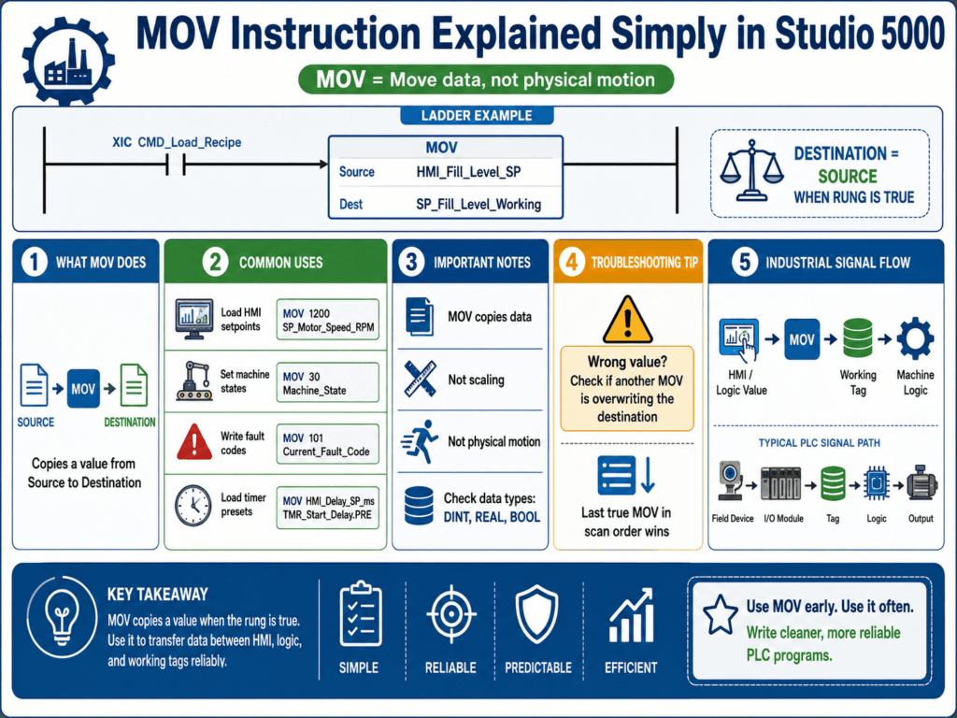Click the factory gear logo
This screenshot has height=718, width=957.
(68, 61)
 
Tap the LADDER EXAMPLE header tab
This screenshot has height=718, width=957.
(477, 115)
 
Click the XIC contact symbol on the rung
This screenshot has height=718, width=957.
(176, 165)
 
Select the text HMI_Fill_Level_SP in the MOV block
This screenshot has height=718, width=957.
(469, 172)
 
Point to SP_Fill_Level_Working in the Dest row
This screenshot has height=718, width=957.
(478, 205)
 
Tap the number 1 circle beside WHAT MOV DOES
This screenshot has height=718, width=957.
(35, 263)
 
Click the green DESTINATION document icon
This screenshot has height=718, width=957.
(134, 384)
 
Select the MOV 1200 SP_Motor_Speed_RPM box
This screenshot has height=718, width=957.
(328, 320)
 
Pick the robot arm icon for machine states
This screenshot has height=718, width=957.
(194, 381)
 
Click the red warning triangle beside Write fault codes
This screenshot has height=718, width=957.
(194, 442)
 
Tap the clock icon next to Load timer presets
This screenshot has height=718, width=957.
(193, 506)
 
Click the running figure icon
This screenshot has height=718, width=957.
(420, 441)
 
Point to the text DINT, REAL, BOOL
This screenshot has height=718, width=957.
(492, 517)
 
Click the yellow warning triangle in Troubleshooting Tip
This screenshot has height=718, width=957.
(627, 320)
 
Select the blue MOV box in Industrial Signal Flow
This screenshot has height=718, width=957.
(802, 338)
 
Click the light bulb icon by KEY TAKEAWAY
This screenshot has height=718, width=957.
(62, 617)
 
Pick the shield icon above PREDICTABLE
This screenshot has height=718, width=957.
(537, 614)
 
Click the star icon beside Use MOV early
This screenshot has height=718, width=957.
(721, 614)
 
